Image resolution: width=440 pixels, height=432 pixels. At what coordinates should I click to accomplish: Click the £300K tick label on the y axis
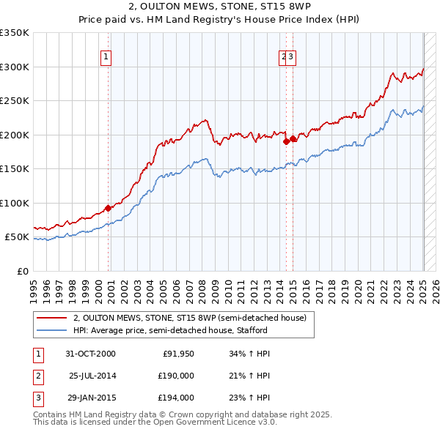(15, 67)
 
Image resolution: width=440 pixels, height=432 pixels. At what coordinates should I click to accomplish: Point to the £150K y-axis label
(15, 168)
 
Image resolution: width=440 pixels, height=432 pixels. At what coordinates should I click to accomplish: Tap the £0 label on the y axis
(23, 271)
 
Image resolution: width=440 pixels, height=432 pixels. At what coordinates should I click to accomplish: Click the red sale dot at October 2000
(108, 208)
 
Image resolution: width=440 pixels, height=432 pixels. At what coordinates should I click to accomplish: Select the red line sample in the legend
(52, 318)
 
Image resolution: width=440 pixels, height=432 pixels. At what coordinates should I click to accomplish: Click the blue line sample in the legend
(52, 330)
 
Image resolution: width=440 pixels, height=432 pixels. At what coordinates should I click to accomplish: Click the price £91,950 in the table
(178, 354)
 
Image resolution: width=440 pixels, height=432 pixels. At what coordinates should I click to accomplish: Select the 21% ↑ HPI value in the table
(250, 376)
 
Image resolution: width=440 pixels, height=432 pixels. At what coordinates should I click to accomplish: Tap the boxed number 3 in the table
(38, 398)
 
